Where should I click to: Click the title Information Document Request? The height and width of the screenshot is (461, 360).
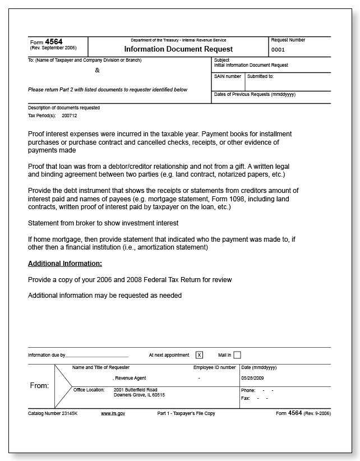(178, 49)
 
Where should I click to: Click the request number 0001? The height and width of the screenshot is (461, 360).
(278, 49)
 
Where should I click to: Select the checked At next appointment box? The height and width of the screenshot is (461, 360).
(199, 354)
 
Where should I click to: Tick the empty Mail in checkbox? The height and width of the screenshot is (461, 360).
(237, 354)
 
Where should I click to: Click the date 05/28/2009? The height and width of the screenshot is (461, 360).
(253, 378)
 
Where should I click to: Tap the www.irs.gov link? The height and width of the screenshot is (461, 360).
(113, 413)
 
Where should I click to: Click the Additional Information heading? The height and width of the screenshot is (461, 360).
(65, 263)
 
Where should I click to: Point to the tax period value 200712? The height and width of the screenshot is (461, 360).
(70, 116)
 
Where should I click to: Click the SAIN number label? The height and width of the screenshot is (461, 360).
(228, 76)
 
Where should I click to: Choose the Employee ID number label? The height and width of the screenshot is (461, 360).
(214, 367)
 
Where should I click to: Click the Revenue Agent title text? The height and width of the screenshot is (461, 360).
(131, 378)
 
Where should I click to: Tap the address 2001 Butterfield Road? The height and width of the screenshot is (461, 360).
(135, 389)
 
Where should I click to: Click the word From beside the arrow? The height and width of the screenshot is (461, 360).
(39, 386)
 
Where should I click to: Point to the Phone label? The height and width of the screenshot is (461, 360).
(248, 390)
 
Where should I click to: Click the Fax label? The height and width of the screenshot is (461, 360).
(245, 398)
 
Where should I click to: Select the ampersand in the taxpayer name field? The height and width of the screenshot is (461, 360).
(97, 71)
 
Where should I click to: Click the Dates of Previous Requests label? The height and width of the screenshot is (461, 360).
(255, 94)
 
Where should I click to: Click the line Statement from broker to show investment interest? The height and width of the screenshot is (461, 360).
(103, 223)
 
